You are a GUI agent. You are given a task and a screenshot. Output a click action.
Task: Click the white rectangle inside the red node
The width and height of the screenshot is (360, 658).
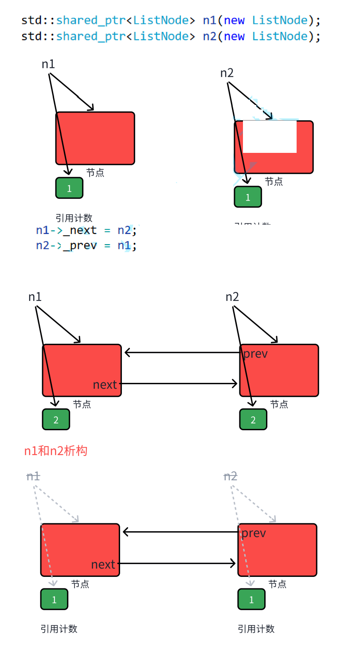click(x=270, y=136)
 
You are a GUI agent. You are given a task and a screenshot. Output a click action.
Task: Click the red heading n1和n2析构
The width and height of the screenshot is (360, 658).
click(x=56, y=451)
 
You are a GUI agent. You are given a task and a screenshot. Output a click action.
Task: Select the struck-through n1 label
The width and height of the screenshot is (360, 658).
click(x=33, y=476)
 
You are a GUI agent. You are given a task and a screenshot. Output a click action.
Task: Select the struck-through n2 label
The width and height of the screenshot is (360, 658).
click(x=231, y=476)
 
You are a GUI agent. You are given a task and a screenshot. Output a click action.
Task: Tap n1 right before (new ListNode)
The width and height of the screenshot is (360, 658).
click(x=210, y=20)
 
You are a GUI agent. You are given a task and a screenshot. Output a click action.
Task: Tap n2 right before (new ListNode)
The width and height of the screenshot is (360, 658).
click(x=210, y=36)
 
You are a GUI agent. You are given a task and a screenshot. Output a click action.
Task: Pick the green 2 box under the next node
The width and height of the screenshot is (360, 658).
click(x=56, y=419)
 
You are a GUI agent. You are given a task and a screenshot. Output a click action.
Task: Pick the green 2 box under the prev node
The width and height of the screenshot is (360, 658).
click(x=253, y=419)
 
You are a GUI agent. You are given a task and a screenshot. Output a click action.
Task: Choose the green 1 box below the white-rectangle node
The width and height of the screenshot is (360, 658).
click(x=248, y=197)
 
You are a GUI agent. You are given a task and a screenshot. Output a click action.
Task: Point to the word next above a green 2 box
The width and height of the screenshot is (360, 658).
click(x=105, y=385)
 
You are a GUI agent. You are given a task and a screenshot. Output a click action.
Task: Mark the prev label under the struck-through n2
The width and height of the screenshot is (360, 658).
click(x=254, y=533)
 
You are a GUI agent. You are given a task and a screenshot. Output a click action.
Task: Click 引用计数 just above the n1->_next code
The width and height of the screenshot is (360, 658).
click(x=74, y=218)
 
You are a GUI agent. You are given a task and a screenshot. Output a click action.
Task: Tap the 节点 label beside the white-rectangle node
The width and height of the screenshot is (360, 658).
click(x=274, y=181)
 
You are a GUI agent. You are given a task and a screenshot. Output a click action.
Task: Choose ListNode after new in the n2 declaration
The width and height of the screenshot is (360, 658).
click(x=280, y=36)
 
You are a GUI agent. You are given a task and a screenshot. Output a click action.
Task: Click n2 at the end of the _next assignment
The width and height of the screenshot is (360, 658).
click(x=125, y=230)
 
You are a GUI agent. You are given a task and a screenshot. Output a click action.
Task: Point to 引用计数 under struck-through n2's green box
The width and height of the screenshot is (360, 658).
click(x=256, y=629)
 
